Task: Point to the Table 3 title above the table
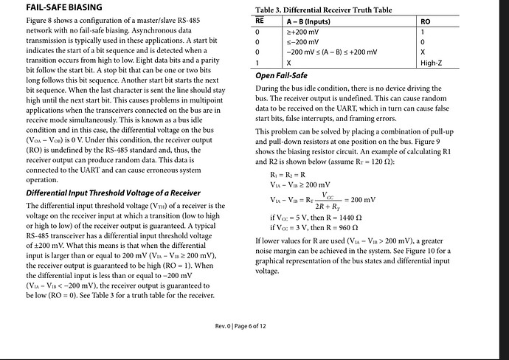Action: (324, 10)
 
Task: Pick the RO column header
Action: (425, 21)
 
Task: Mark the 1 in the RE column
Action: (257, 63)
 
